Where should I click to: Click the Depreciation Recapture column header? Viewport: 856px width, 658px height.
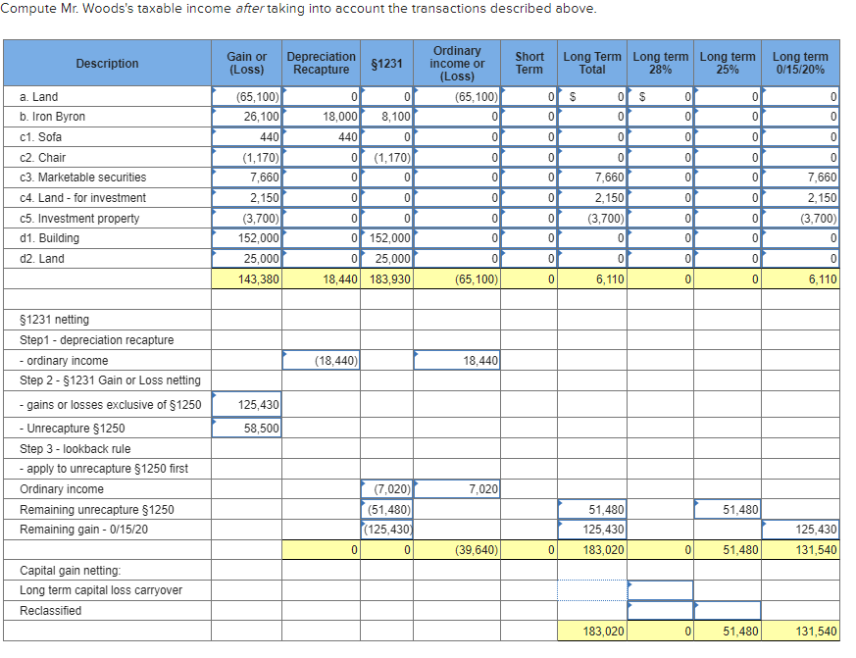pyautogui.click(x=322, y=63)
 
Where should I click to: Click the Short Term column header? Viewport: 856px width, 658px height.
pyautogui.click(x=529, y=63)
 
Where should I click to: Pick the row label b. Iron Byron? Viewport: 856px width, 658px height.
pyautogui.click(x=53, y=117)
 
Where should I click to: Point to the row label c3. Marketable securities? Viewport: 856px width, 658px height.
pyautogui.click(x=83, y=177)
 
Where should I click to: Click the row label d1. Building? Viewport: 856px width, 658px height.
pyautogui.click(x=50, y=238)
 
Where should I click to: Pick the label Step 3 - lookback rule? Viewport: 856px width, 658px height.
pyautogui.click(x=75, y=449)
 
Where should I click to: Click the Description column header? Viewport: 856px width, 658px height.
pyautogui.click(x=107, y=63)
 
